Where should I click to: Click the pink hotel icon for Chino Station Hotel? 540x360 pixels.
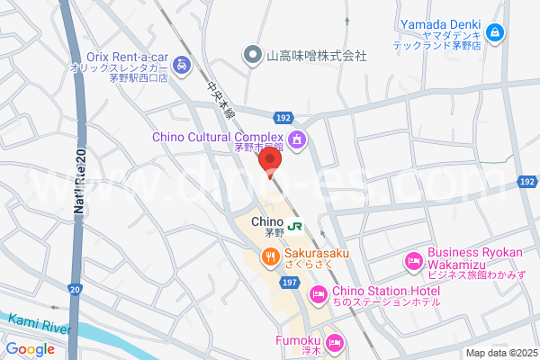click(318, 294)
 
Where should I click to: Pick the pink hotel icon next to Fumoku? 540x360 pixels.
click(334, 342)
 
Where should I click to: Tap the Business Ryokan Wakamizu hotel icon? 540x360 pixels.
click(413, 262)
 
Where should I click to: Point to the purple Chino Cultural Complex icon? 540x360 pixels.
click(298, 139)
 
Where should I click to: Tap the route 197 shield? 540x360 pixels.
click(289, 283)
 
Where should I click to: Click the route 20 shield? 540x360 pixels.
click(74, 289)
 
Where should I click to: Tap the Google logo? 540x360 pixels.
click(30, 349)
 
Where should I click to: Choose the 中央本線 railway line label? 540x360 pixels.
click(220, 102)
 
